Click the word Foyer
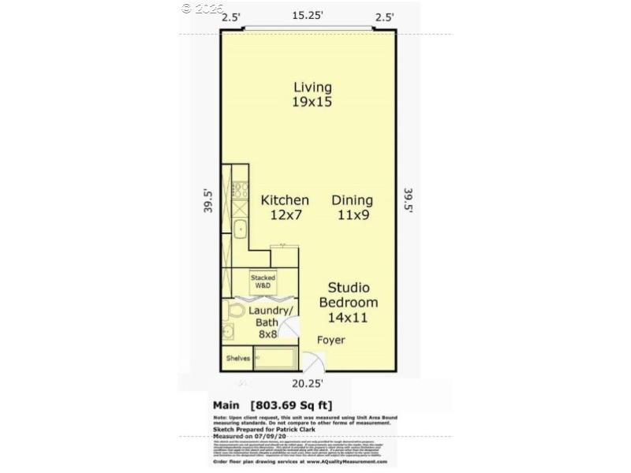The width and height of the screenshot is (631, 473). pyautogui.click(x=331, y=340)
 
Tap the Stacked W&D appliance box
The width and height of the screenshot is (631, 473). pyautogui.click(x=263, y=281)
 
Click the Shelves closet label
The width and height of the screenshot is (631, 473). pyautogui.click(x=237, y=359)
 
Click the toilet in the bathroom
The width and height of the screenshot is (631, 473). pyautogui.click(x=230, y=332)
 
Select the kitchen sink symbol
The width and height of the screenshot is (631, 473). pyautogui.click(x=240, y=229)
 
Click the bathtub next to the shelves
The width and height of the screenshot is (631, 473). pyautogui.click(x=274, y=359)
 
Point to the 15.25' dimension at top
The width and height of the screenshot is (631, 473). pyautogui.click(x=308, y=16)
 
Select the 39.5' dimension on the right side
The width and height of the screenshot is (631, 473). pyautogui.click(x=409, y=201)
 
